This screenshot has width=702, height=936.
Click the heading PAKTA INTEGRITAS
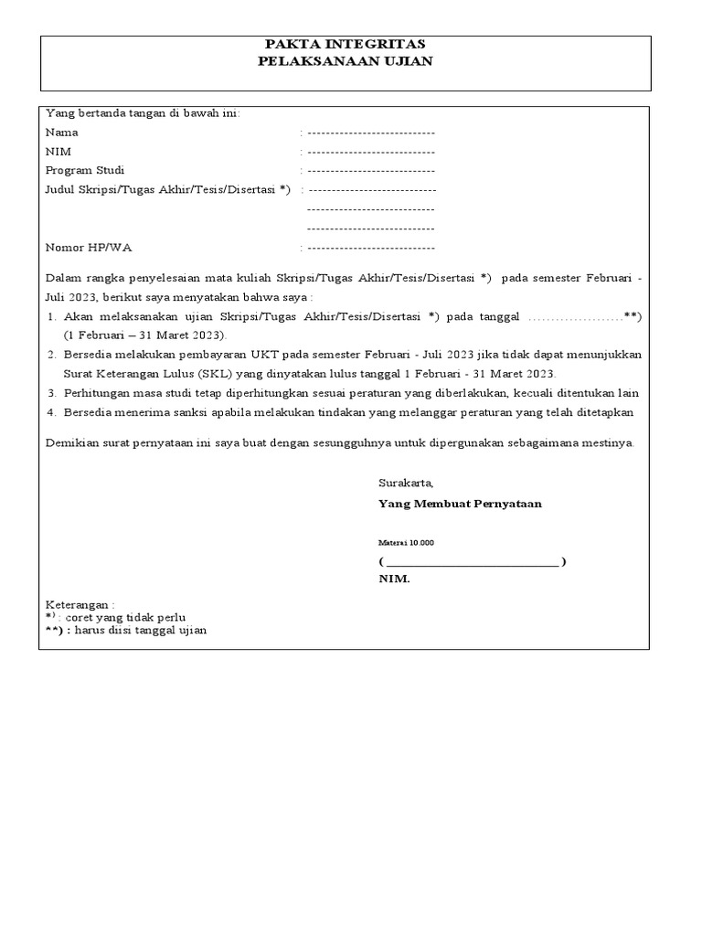(x=345, y=44)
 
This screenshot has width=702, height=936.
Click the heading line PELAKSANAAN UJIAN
(x=345, y=61)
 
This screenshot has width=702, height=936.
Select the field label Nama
(x=61, y=132)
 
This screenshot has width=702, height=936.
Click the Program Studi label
(x=85, y=170)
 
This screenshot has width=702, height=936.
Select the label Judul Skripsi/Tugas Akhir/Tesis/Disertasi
(x=166, y=189)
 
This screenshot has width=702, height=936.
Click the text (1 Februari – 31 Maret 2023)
(x=144, y=335)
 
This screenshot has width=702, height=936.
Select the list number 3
(x=51, y=393)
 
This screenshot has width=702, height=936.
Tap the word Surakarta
(x=406, y=483)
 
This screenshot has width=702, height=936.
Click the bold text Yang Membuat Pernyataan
(x=460, y=504)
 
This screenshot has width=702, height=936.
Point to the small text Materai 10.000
(x=407, y=543)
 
